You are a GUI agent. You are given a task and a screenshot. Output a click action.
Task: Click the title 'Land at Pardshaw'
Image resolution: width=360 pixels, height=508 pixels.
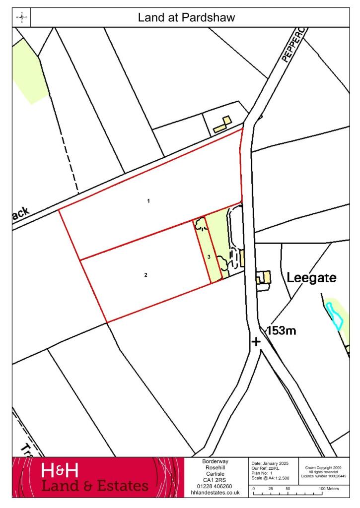click(x=186, y=18)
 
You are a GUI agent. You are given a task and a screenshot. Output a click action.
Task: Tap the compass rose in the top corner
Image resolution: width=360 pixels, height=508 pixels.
click(x=22, y=18)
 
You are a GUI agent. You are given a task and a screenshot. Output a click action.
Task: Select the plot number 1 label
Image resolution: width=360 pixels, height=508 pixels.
click(x=148, y=201)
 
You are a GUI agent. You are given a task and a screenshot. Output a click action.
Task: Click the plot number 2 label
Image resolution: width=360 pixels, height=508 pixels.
click(x=145, y=274)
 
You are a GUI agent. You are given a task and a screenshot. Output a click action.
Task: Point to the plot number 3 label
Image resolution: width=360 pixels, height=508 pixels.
click(x=210, y=256)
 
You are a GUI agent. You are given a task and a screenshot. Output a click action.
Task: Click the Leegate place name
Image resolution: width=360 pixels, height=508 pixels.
click(x=311, y=278)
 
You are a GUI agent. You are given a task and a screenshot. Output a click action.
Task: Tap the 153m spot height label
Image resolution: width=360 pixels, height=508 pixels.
click(x=282, y=330)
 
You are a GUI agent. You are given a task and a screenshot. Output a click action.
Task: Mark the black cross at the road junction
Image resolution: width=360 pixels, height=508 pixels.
click(x=256, y=341)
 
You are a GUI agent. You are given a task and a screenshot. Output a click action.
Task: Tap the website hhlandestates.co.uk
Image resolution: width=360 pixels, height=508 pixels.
click(x=216, y=493)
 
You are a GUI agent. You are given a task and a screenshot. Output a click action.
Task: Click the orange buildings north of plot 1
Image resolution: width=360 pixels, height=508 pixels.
click(x=222, y=125)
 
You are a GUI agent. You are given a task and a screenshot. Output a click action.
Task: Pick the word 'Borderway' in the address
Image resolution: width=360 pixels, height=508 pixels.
click(x=216, y=461)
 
